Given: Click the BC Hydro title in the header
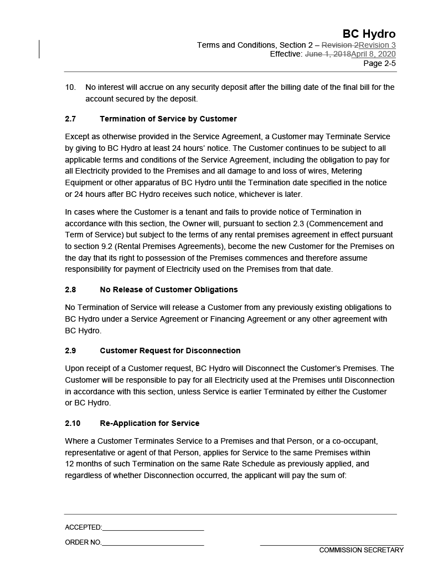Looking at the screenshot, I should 369,34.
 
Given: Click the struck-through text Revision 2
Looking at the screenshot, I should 340,45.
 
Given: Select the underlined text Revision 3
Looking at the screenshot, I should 377,45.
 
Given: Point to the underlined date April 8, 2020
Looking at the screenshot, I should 373,54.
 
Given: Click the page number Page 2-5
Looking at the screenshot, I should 379,63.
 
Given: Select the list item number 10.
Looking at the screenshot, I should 70,87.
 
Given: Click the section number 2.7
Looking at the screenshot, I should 70,119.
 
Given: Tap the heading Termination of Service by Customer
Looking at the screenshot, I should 168,119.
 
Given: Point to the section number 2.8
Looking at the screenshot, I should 70,289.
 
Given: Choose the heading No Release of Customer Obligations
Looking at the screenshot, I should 168,289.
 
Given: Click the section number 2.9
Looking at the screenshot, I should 70,351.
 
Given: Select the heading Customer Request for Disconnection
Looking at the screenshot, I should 170,351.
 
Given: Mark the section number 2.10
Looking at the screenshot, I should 73,423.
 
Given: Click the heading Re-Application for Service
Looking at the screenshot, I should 150,423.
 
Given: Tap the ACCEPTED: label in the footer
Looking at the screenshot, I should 83,527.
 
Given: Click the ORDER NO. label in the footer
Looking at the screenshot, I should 83,542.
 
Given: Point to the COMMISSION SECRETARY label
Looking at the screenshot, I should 361,550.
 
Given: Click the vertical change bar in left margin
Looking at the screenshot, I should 39,49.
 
